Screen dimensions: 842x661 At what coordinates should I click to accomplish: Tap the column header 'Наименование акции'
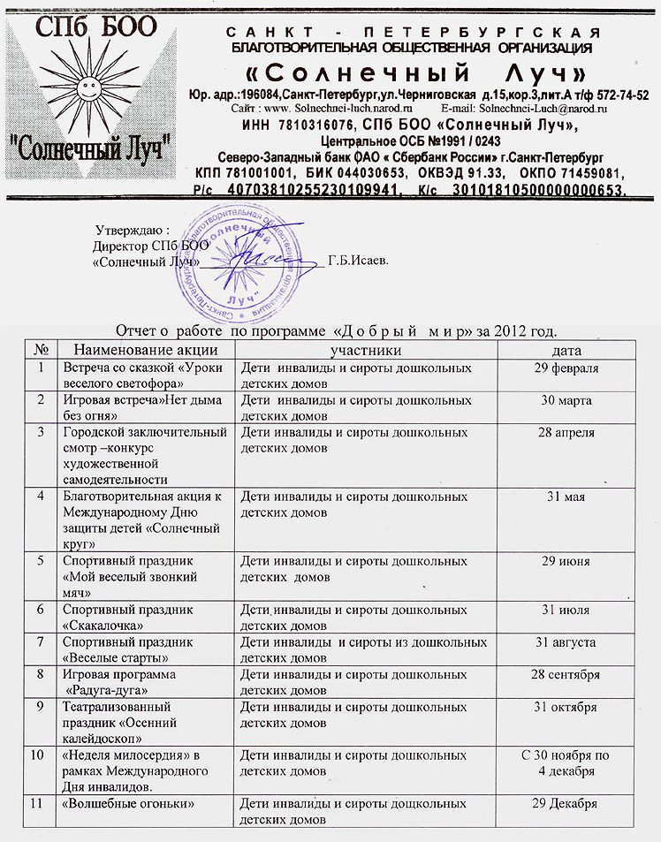[x=144, y=351]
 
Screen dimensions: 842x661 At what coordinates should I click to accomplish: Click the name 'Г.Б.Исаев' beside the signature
[x=358, y=261]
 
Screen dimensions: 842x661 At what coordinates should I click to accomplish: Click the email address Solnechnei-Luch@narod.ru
[x=540, y=107]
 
